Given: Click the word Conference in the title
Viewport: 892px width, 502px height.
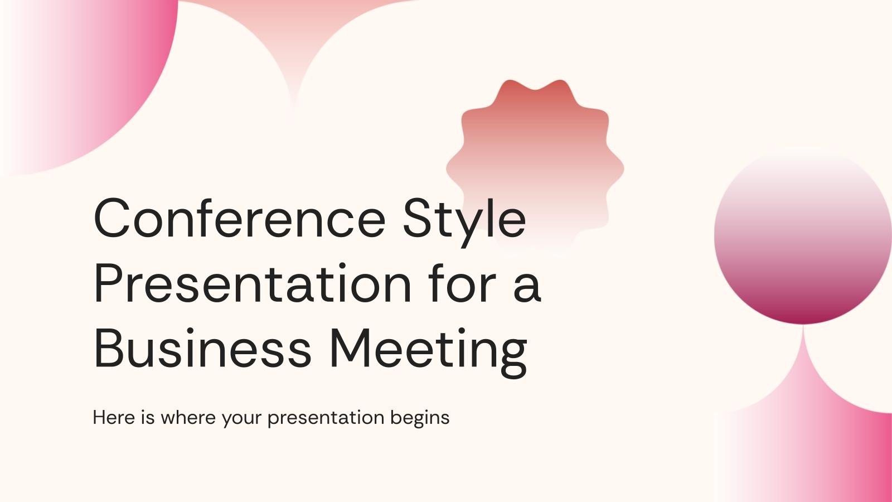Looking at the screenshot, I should [240, 218].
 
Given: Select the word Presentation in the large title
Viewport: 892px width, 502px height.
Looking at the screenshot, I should [252, 284].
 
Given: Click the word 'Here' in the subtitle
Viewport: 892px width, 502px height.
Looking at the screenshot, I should [114, 417].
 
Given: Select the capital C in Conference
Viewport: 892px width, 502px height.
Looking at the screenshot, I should [114, 218].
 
